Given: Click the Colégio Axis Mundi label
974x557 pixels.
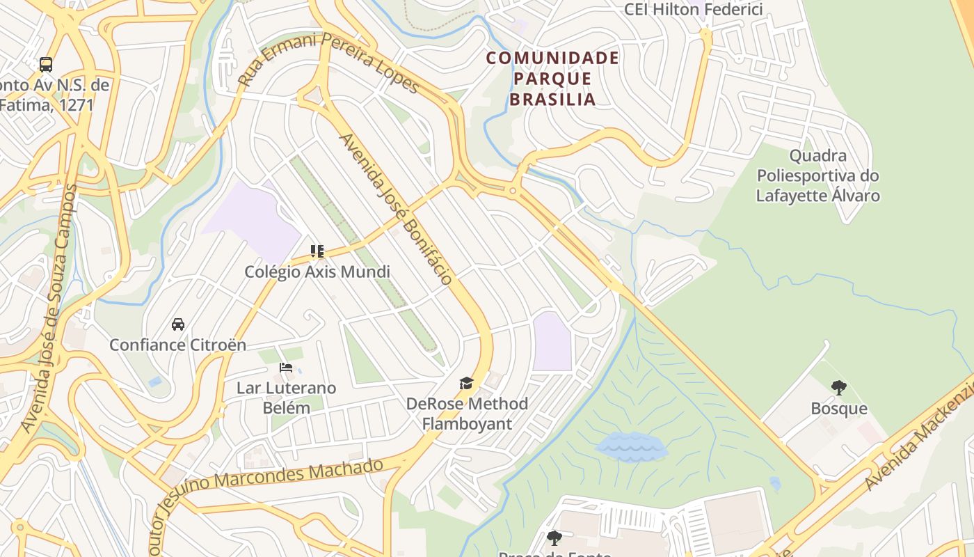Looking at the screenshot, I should (x=317, y=272).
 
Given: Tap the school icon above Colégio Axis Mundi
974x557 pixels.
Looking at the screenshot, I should (x=317, y=251).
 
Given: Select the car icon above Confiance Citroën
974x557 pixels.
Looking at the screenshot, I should (x=178, y=324).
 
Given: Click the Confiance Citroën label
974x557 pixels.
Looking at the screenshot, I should (x=178, y=345).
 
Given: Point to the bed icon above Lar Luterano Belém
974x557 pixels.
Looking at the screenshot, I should (x=286, y=367).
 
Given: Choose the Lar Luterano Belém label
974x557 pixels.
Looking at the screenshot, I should (x=287, y=398).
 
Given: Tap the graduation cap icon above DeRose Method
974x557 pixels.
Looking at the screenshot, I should (x=466, y=383).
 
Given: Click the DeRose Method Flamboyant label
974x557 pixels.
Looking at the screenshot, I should (x=467, y=414).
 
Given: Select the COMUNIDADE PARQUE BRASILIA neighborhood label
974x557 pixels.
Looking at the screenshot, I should (x=552, y=78).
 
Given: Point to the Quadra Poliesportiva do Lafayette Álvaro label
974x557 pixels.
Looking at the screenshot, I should (x=818, y=175).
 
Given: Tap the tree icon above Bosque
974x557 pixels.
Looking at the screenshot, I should (x=839, y=388).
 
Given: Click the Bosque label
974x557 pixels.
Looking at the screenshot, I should (x=839, y=408).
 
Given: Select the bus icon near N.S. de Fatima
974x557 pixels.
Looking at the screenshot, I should (x=46, y=65).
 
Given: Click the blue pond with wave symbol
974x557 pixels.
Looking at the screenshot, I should (x=632, y=446).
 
